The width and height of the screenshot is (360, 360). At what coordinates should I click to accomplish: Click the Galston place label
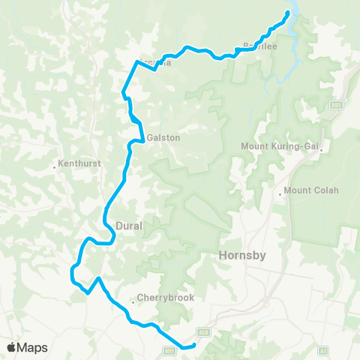click(x=163, y=137)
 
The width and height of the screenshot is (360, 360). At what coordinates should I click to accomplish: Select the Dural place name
click(x=130, y=225)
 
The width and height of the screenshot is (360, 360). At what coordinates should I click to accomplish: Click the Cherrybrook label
click(x=166, y=298)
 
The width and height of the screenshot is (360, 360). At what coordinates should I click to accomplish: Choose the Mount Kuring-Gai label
click(x=279, y=146)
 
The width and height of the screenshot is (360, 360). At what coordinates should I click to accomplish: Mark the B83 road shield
click(x=336, y=104)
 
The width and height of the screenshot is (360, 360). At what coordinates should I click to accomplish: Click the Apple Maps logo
click(x=27, y=347)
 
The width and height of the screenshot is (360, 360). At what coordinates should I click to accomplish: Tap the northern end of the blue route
click(x=288, y=14)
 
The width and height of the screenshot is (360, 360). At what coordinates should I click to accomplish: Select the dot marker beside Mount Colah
click(x=280, y=193)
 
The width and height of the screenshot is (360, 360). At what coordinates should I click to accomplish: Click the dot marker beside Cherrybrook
click(x=133, y=301)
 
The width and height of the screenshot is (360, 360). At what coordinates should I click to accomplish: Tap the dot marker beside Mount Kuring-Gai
click(x=321, y=150)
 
